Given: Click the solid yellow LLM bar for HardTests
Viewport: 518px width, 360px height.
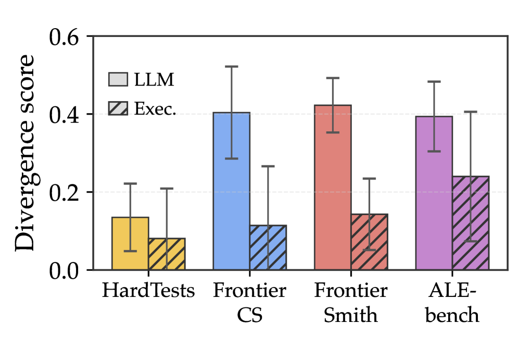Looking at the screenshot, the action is [x=130, y=243].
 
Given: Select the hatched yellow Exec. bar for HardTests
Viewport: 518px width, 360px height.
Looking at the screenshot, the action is [x=167, y=254].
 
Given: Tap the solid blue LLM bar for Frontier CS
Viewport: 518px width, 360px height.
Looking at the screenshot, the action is [x=232, y=191].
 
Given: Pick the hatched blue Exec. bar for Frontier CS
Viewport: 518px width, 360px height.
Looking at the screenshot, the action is [x=268, y=247].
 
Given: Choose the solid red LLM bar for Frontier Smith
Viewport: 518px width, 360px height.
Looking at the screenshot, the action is [x=333, y=188].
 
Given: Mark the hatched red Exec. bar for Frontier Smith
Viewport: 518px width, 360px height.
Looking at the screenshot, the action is [x=369, y=242].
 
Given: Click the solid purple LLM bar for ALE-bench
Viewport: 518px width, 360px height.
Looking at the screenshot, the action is [x=434, y=193].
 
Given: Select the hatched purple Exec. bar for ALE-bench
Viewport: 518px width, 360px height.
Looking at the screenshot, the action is [x=471, y=223].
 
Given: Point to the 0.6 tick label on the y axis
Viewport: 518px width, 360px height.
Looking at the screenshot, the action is [x=65, y=37].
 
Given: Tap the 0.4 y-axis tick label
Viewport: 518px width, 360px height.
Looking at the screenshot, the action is [x=65, y=115].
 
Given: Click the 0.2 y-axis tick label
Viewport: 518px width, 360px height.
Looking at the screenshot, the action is [x=65, y=193].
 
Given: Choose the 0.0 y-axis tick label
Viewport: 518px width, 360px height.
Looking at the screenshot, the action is [x=65, y=271].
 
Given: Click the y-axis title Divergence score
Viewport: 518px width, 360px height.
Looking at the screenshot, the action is [x=25, y=153].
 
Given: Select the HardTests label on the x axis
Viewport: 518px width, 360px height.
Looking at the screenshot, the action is [x=148, y=291].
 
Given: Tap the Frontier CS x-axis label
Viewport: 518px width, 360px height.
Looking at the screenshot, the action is [x=249, y=303].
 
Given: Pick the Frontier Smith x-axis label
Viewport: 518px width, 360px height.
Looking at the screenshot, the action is [x=350, y=303].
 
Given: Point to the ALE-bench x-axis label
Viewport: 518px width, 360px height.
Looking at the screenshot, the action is [x=452, y=303].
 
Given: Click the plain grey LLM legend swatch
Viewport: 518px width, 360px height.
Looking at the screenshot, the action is [x=118, y=79].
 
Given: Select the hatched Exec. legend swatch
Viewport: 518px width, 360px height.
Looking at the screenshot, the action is [x=118, y=108].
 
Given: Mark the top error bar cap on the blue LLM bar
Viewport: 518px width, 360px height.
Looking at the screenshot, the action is [x=232, y=67].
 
